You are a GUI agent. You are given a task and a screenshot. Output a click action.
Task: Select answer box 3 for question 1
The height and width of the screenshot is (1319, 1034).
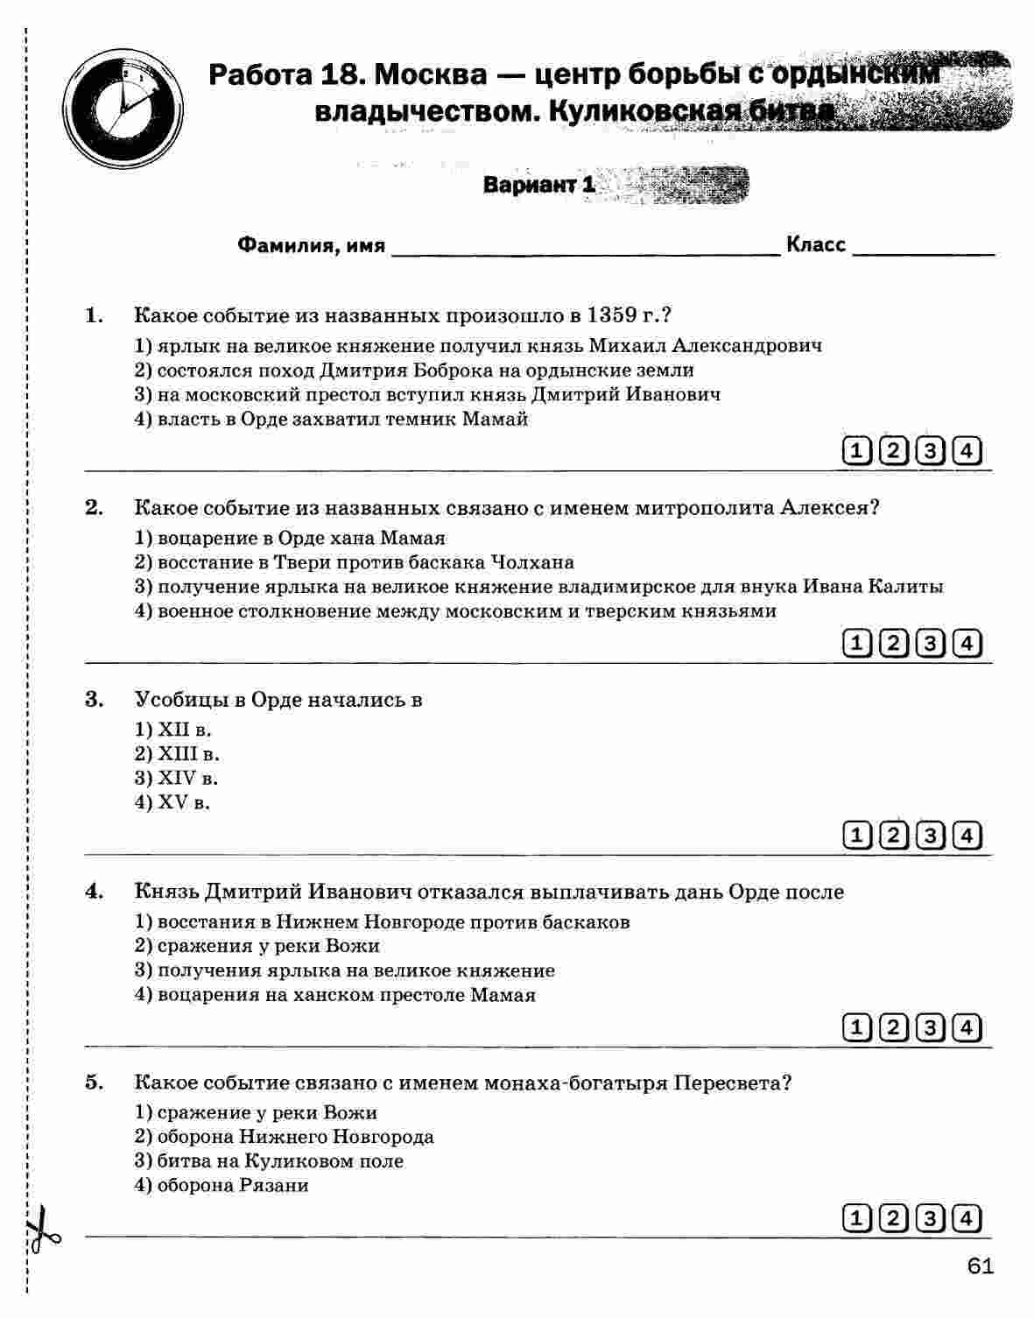pos(930,452)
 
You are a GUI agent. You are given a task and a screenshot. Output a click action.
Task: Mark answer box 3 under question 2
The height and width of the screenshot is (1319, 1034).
pos(930,644)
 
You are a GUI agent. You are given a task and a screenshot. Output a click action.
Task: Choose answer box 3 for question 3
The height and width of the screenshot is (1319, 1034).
pos(930,836)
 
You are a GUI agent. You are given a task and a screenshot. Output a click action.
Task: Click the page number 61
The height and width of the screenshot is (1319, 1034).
pos(981,1267)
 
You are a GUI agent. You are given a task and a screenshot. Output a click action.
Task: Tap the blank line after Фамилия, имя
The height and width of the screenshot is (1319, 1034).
pos(585,248)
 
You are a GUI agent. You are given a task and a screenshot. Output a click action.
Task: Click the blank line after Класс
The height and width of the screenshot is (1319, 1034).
pos(923,248)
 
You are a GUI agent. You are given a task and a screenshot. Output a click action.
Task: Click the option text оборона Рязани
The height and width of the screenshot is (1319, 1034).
pos(233,1186)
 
